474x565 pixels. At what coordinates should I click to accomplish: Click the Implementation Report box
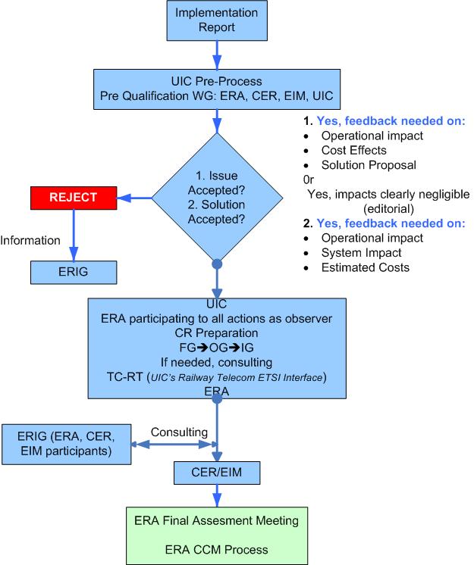pyautogui.click(x=218, y=20)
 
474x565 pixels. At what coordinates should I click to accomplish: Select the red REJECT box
pyautogui.click(x=73, y=197)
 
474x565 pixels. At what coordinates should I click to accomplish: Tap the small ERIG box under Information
pyautogui.click(x=73, y=270)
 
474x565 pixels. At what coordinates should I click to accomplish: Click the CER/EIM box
pyautogui.click(x=218, y=473)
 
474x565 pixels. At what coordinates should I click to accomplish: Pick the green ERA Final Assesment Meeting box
pyautogui.click(x=217, y=533)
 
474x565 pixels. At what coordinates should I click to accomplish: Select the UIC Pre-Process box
pyautogui.click(x=218, y=89)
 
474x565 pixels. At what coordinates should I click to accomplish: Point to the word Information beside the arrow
pyautogui.click(x=30, y=241)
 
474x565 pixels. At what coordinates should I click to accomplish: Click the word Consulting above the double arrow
pyautogui.click(x=179, y=432)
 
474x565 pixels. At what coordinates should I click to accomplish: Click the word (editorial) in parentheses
pyautogui.click(x=386, y=208)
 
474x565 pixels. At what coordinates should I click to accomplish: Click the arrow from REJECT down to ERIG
pyautogui.click(x=74, y=235)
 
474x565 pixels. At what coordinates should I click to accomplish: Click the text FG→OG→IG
pyautogui.click(x=218, y=347)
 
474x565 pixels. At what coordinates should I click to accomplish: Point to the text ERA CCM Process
pyautogui.click(x=217, y=548)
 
